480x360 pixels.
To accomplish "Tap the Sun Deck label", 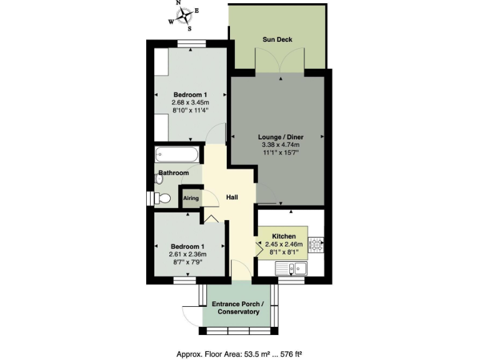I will (277, 40).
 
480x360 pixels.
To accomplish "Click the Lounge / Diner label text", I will (277, 136).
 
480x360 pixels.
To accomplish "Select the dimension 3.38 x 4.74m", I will (277, 144).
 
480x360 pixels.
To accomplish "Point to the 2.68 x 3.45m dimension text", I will (191, 102).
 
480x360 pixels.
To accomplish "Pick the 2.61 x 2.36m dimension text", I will (187, 254).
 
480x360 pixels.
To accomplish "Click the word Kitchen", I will (284, 236).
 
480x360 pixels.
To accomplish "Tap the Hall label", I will (232, 197).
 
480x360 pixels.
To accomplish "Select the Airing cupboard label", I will (191, 198).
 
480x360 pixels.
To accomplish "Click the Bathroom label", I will (173, 172).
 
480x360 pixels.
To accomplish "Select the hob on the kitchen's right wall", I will (317, 244).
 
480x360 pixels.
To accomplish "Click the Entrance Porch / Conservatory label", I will (237, 308).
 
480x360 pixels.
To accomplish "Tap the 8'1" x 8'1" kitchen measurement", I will (284, 252).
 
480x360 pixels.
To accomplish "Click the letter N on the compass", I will (178, 3).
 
